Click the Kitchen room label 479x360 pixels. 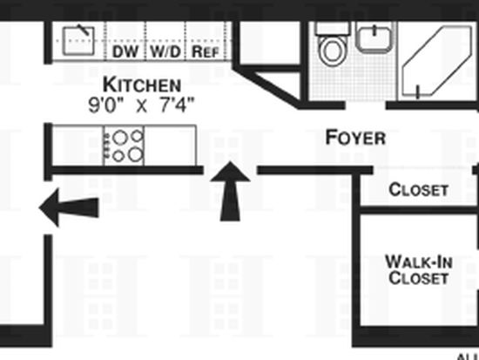click(142, 85)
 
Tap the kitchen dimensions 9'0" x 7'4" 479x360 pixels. click(141, 105)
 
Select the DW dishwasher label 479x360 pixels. click(125, 51)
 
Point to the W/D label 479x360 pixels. click(165, 51)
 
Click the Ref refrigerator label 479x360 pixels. click(206, 51)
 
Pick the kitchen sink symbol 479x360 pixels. click(78, 41)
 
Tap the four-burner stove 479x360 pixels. click(124, 146)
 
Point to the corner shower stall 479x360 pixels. click(437, 61)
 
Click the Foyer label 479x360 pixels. click(355, 138)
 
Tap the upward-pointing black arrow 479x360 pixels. click(230, 191)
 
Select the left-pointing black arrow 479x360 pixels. click(69, 207)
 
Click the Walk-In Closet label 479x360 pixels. click(419, 269)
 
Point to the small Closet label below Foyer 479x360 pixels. click(419, 190)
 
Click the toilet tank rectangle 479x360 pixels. click(333, 28)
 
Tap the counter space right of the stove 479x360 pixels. click(170, 146)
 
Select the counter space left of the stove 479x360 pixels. click(78, 146)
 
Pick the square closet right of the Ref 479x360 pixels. click(269, 43)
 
